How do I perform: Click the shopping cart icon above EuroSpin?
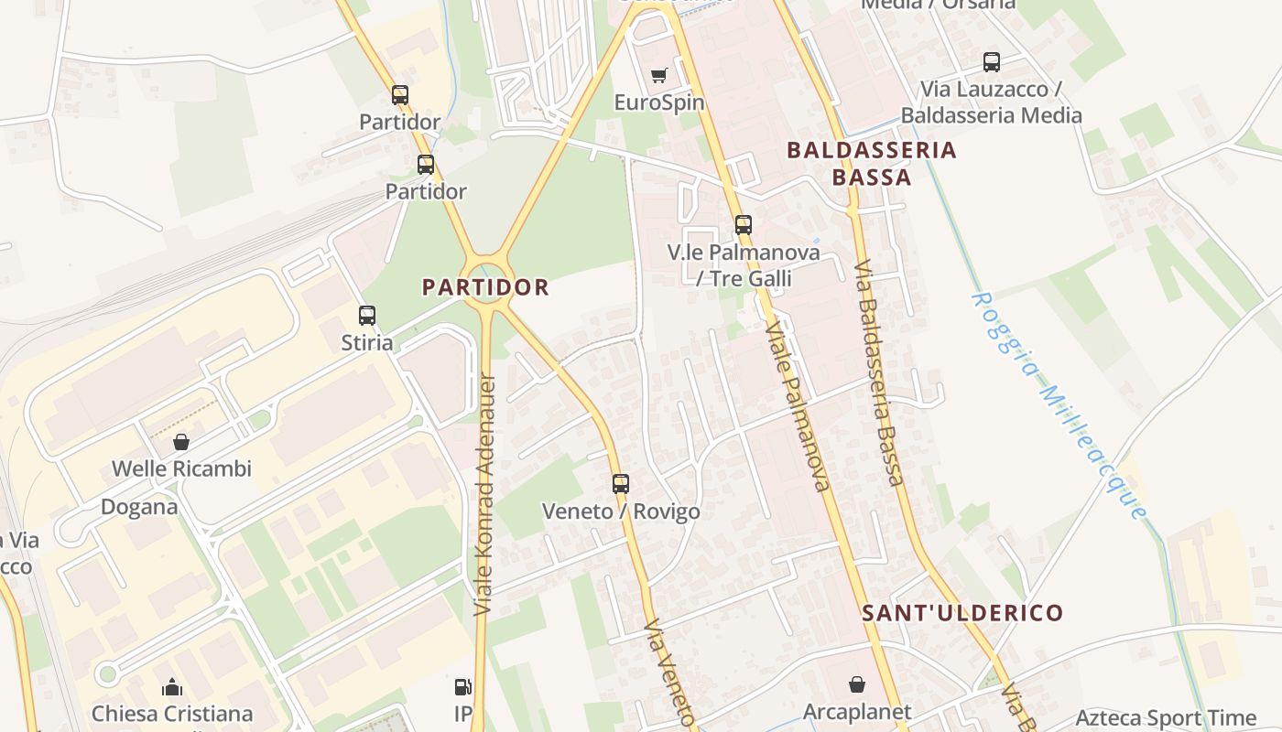click(658, 75)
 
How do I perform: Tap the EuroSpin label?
click(659, 102)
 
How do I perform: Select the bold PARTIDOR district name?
click(485, 287)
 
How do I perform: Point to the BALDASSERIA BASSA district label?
click(872, 163)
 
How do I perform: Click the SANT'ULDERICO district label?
click(962, 613)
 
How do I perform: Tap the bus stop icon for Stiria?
click(367, 316)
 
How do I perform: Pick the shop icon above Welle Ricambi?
click(181, 442)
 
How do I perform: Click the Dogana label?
click(139, 507)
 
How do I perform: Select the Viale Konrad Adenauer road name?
click(485, 494)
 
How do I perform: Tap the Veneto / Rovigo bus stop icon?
click(621, 484)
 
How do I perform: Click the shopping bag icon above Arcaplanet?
click(857, 684)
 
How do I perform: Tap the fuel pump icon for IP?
click(463, 686)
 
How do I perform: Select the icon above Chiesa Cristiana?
click(172, 687)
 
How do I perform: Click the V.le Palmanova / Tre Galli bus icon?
click(744, 224)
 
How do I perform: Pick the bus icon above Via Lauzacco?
click(992, 62)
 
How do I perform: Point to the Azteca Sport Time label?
click(1166, 718)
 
